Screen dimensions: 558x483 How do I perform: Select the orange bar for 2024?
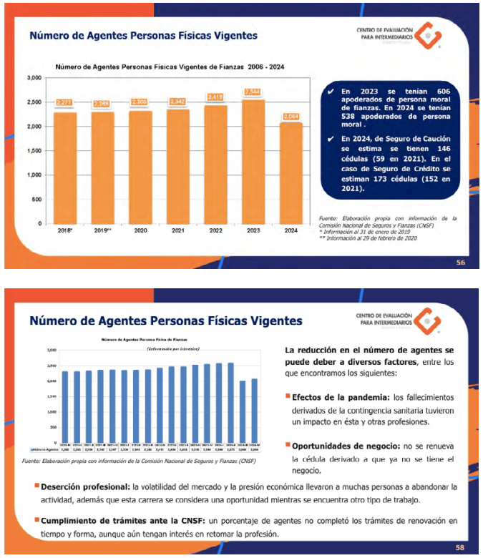tap(291, 172)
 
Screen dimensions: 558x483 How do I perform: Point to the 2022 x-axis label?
tap(215, 231)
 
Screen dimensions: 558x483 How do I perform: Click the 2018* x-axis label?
tap(64, 231)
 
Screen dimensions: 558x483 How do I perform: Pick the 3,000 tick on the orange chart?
tap(34, 77)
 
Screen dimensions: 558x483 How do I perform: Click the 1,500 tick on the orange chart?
tap(34, 151)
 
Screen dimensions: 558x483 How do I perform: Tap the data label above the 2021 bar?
tap(177, 102)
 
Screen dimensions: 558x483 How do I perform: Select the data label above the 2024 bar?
tap(291, 116)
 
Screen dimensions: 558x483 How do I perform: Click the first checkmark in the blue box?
tap(330, 92)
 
